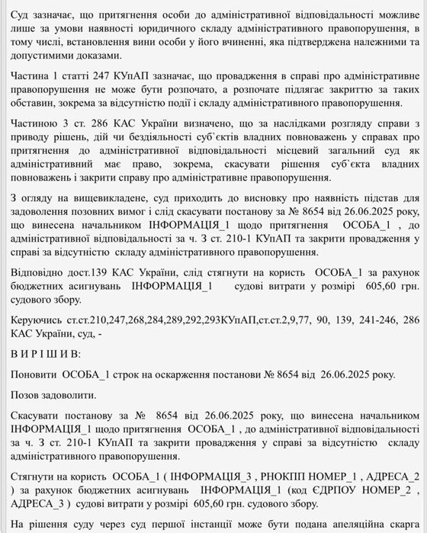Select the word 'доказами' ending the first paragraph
coord(96,56)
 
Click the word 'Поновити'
coord(34,374)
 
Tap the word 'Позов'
coord(27,395)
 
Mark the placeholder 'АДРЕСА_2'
coord(388,477)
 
